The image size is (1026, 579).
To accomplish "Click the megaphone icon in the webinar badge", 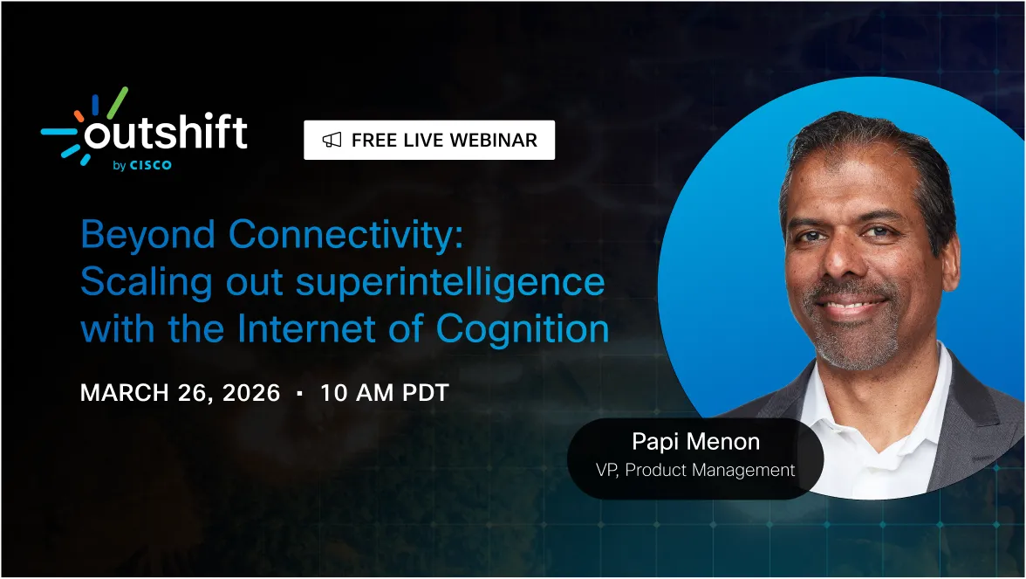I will tap(332, 140).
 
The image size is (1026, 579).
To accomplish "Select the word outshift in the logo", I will tap(166, 134).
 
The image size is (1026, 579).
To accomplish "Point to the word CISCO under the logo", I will tap(151, 165).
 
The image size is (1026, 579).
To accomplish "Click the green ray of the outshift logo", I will tap(116, 101).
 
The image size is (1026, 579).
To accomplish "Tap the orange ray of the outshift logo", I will tap(79, 115).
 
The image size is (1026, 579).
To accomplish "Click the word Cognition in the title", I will tap(522, 329).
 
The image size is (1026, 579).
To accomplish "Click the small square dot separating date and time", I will tap(300, 393).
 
